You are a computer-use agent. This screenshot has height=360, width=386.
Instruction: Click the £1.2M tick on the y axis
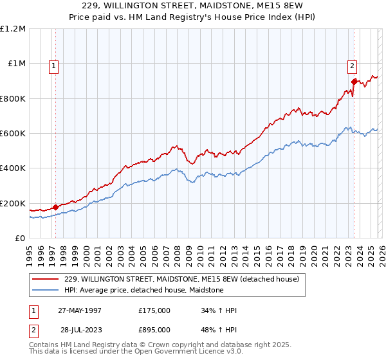pos(13,29)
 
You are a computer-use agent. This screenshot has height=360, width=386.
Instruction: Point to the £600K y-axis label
pos(13,134)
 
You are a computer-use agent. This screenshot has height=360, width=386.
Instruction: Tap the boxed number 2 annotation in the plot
pos(353,65)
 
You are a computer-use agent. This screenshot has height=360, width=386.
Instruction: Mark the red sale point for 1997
pos(56,207)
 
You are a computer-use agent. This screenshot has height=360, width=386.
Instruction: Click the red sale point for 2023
pos(354,82)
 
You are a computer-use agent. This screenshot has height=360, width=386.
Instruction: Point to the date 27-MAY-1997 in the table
pos(80,310)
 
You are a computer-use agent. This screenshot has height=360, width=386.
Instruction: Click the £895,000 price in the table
pos(154,330)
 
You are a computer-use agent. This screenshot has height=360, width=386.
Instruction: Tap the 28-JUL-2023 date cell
pos(80,330)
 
